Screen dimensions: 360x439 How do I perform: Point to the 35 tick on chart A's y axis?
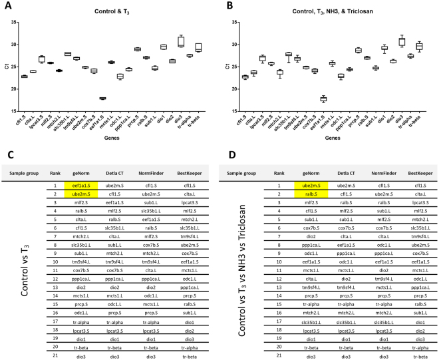pos(13,22)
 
